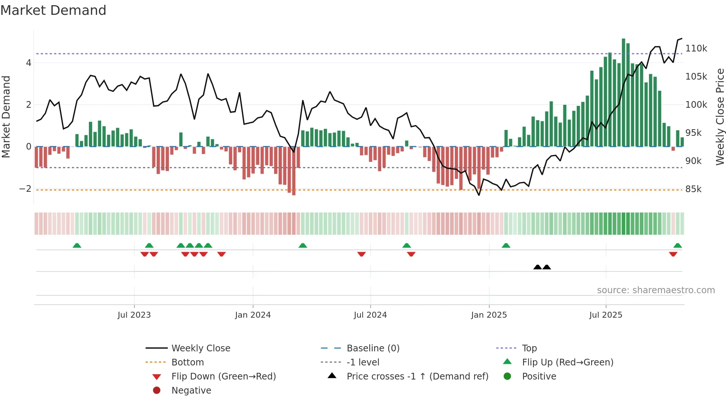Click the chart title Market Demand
pos(53,10)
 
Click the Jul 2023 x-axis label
pos(134,315)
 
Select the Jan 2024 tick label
pos(253,315)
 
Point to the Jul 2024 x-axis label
pos(370,315)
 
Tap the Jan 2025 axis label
pos(489,315)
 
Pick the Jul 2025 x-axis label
pos(606,315)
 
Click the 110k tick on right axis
pos(696,49)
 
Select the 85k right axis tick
pos(693,189)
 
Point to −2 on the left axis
pos(25,189)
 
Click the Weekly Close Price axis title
pos(720,117)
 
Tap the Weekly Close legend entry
pos(200,348)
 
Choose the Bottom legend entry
pos(187,362)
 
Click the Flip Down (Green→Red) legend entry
pos(223,377)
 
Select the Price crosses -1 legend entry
pos(417,377)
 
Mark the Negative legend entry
pos(191,391)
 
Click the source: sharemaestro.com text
pos(656,290)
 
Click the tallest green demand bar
pos(623,93)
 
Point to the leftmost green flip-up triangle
pos(77,245)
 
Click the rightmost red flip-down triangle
pos(673,254)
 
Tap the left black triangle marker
pos(537,267)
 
